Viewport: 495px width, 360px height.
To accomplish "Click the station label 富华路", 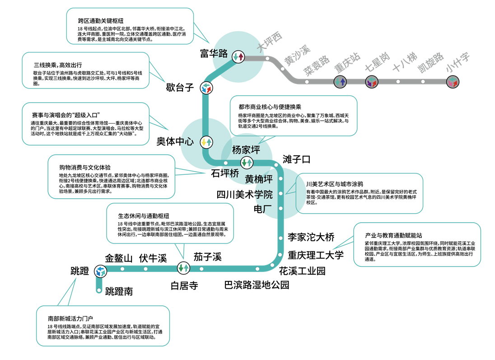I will click(214, 53).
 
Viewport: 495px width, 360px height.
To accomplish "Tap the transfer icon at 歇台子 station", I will click(206, 88).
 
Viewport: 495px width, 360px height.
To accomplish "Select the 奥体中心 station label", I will click(175, 141).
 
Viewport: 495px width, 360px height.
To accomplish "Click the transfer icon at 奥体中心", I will click(206, 142).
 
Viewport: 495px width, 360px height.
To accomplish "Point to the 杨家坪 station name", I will click(246, 150).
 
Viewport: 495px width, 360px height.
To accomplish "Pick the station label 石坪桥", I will click(225, 173).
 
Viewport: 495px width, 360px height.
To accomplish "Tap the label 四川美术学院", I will click(244, 195).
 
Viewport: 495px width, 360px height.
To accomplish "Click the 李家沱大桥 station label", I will click(311, 237).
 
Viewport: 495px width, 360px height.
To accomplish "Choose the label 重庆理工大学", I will click(315, 255).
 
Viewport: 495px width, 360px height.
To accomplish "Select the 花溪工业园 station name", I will click(302, 271).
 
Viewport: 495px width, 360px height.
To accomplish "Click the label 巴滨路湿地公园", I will click(257, 285).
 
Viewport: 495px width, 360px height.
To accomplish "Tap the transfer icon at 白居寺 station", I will click(183, 268).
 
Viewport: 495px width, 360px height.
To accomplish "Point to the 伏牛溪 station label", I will click(153, 258).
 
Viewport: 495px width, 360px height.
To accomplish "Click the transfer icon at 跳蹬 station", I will click(100, 271).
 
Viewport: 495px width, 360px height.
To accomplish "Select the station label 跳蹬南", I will click(119, 291).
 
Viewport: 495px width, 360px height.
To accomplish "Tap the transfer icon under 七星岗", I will click(372, 82).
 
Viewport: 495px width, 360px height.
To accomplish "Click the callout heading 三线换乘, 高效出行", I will click(58, 65).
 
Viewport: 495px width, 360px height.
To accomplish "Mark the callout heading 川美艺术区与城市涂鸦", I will click(334, 184).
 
